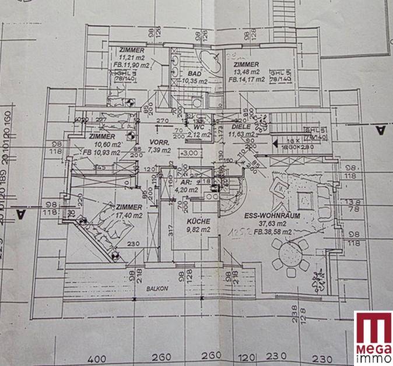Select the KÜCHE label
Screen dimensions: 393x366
(x=198, y=221)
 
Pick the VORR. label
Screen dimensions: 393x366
(x=159, y=142)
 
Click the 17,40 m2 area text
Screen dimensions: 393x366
(x=129, y=216)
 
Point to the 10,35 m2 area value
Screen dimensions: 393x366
(x=194, y=81)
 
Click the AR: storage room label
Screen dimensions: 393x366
(x=182, y=181)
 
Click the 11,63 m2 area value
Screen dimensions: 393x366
(x=241, y=134)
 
